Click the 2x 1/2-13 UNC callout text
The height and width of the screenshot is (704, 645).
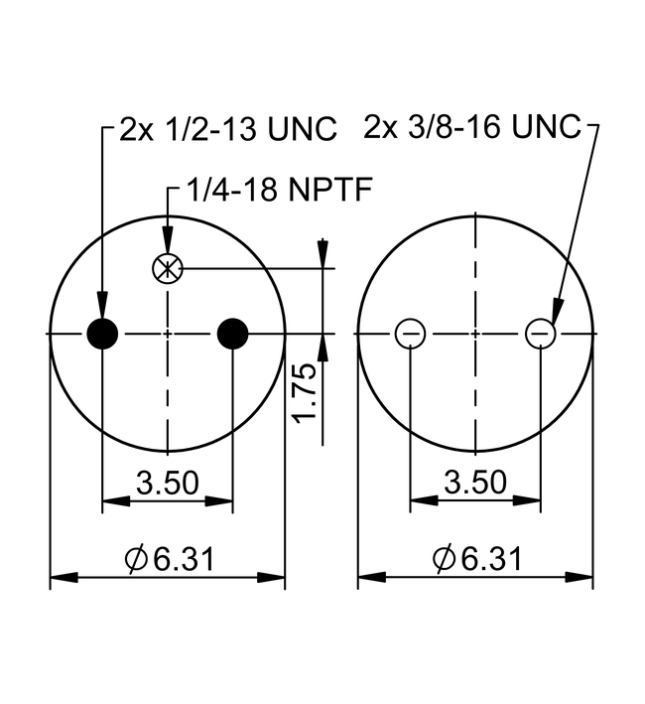tap(228, 129)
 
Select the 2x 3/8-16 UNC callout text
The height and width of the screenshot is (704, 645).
tap(472, 126)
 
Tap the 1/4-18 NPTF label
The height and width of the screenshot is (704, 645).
tap(279, 189)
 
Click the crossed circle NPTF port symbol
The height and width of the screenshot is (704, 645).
tap(168, 269)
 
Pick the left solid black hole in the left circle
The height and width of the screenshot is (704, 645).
tap(102, 334)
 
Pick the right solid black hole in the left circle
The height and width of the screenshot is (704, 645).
tap(232, 334)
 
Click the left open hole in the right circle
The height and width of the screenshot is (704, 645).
tap(410, 334)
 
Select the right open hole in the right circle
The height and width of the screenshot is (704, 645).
tap(540, 334)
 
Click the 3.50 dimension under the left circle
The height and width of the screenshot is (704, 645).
tap(168, 483)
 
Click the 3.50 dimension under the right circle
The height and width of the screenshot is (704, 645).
tap(475, 482)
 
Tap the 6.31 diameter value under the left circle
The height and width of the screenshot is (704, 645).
tap(184, 559)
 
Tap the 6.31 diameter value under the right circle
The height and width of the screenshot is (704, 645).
tap(491, 558)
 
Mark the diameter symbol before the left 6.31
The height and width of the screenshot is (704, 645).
tap(136, 559)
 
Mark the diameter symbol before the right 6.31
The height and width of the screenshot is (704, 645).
tap(444, 558)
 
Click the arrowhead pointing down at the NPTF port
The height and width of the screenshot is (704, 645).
tap(168, 240)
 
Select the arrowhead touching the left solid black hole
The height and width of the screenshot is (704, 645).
tap(102, 305)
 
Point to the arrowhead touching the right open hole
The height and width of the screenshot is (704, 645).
tap(557, 311)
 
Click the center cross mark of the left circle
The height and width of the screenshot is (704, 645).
tap(168, 334)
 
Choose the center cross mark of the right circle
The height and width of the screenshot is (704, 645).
tap(475, 334)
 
